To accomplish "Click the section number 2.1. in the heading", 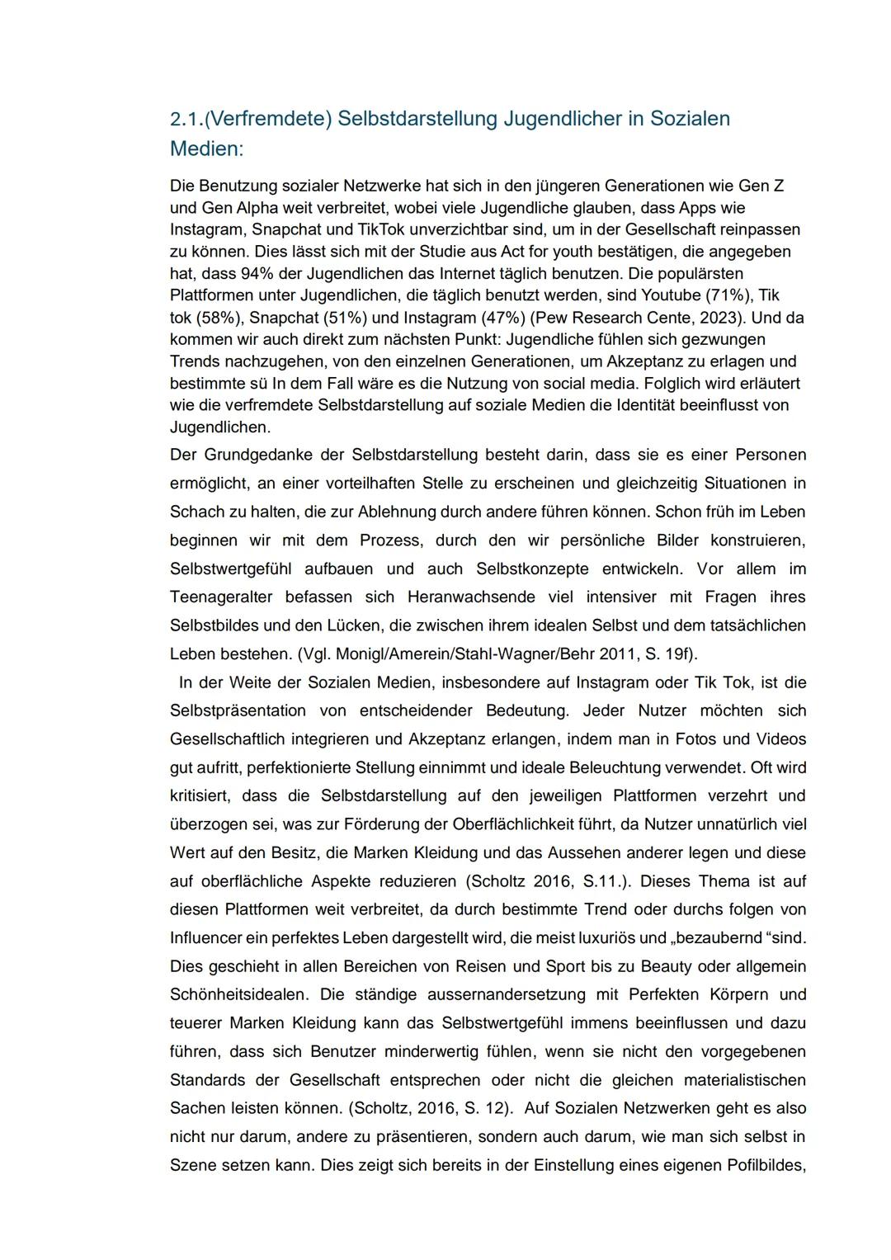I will coord(186,119).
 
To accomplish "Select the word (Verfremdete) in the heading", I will coord(267,119).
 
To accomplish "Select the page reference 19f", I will coord(678,654).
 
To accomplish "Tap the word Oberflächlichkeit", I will coord(522,824).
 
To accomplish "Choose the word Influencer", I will coord(206,938).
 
